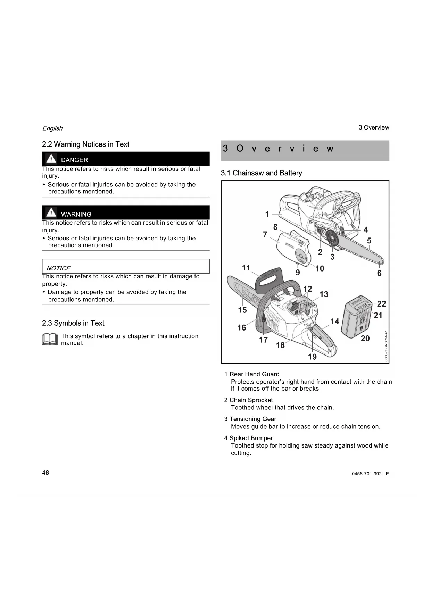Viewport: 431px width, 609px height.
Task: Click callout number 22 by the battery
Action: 381,304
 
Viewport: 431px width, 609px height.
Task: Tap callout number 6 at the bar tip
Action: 379,273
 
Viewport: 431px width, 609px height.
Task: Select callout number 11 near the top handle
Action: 246,268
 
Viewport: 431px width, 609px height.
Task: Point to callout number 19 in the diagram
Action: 312,357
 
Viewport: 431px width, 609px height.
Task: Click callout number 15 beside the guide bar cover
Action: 242,310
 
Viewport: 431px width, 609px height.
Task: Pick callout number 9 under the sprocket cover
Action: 298,273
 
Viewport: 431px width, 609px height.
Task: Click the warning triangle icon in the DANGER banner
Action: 51,159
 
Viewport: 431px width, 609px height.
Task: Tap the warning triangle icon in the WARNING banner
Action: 51,212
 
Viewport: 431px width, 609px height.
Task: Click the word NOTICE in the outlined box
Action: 58,268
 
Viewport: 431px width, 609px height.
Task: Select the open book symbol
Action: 50,339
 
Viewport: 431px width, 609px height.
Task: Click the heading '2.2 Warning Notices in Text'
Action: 85,144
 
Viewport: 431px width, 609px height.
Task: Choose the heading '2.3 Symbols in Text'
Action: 73,323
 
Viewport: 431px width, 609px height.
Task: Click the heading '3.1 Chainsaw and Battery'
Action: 262,173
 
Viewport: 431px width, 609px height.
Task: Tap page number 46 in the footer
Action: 45,473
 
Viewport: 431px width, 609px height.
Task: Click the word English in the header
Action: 52,128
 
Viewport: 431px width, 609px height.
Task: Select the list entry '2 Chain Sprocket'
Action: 249,400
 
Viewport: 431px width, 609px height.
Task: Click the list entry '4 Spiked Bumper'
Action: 249,438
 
